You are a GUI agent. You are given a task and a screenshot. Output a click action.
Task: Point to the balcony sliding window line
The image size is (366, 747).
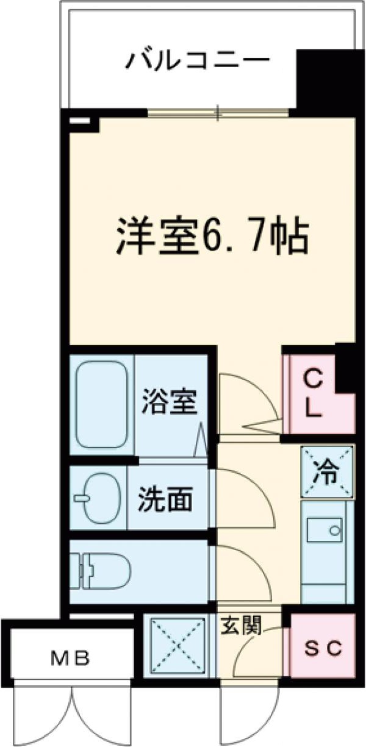coord(218,113)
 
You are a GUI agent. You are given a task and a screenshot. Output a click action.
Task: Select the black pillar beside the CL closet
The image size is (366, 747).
coord(346,369)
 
